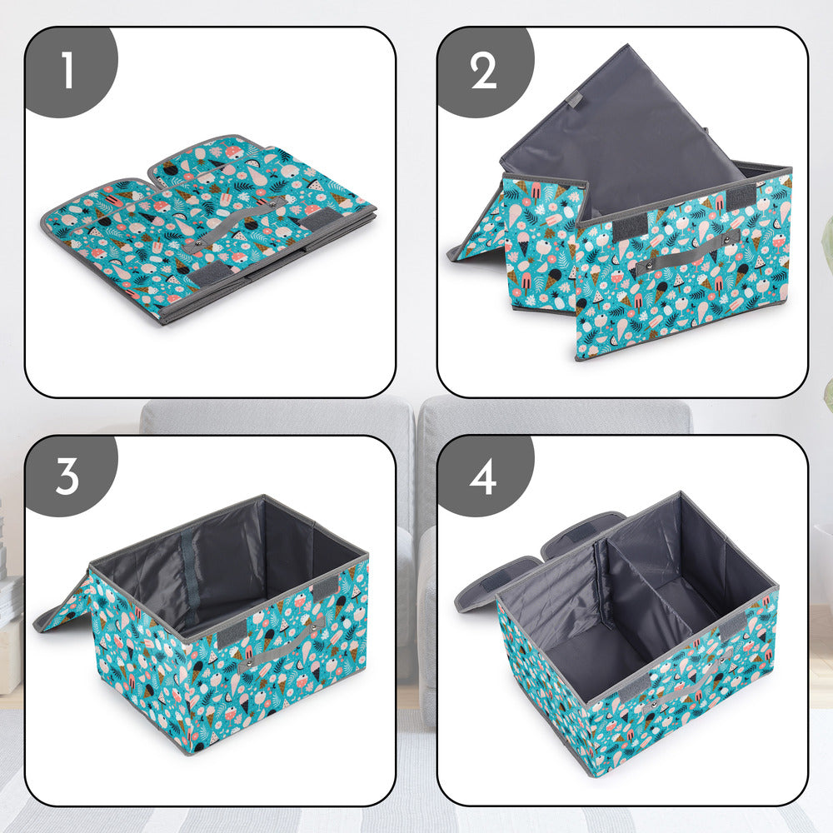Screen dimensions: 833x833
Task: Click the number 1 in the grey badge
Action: tap(67, 71)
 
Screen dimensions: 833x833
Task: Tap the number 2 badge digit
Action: tap(483, 71)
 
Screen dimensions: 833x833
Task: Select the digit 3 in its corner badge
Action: tap(67, 476)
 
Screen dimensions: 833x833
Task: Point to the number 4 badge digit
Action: tap(483, 476)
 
